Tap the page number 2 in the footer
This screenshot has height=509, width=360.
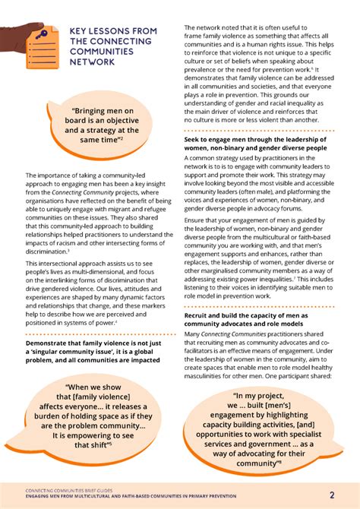pos(332,495)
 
